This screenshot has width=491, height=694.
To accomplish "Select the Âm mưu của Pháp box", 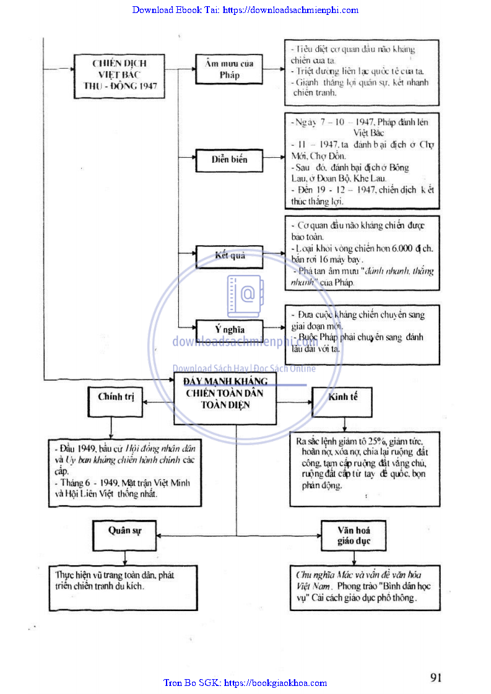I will coord(229,69).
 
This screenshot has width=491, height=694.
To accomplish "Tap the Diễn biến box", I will coord(229,160).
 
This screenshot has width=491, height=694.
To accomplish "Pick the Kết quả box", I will coord(229,256).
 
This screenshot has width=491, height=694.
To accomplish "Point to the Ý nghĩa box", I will coord(229,329).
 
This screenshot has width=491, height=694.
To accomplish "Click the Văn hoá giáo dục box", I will coord(354,535).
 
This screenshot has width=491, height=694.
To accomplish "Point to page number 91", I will coord(436,677).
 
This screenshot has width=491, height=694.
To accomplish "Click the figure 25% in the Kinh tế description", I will coord(375,441).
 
